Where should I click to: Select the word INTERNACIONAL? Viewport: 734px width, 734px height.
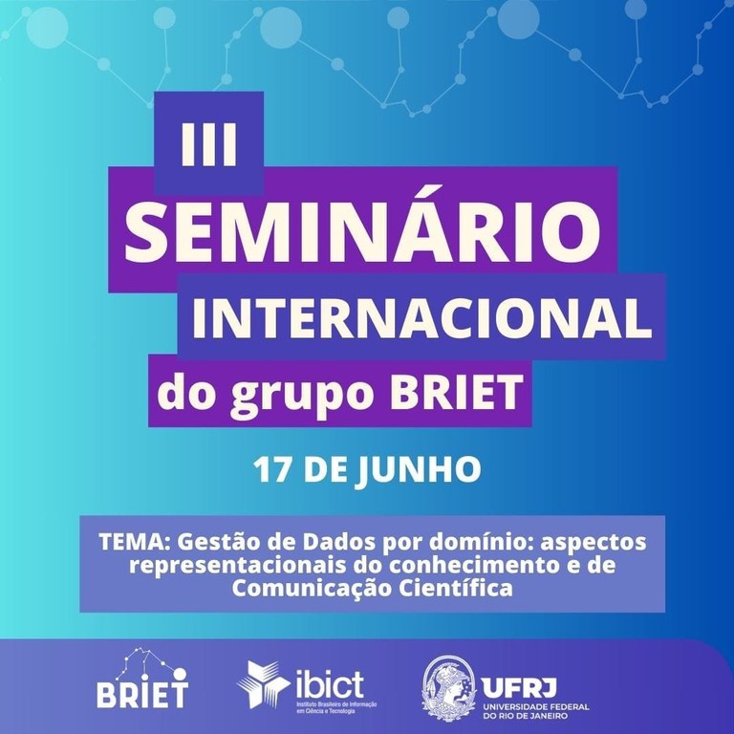click(421, 319)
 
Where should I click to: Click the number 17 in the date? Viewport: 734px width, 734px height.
click(271, 469)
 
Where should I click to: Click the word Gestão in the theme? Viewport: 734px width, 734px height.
click(203, 542)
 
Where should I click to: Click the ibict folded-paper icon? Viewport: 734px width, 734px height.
click(259, 683)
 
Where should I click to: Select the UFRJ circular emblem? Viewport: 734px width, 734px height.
click(448, 687)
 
